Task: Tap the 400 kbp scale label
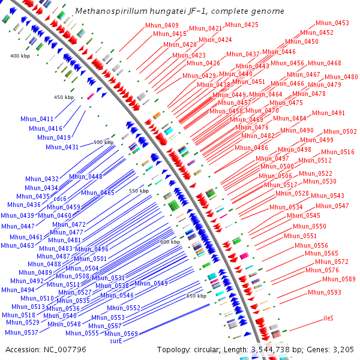20,56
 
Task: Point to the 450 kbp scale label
64,97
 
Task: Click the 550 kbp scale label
139,191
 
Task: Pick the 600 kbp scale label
170,242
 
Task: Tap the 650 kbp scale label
196,296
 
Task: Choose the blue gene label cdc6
60,199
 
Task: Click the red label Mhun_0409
161,26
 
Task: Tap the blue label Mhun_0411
37,119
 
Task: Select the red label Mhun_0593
325,292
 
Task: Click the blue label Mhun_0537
22,332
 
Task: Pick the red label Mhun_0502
340,132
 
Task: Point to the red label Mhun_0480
341,77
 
